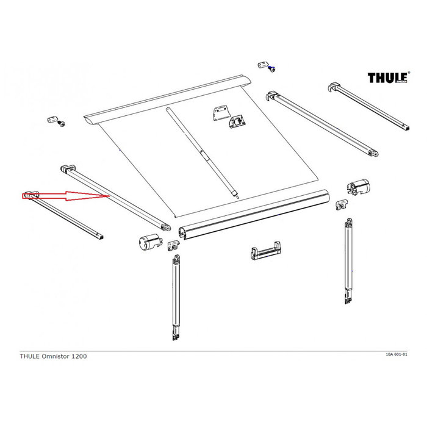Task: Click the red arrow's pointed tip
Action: pyautogui.click(x=109, y=196)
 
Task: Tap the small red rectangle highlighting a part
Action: pyautogui.click(x=30, y=195)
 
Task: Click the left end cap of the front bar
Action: pyautogui.click(x=147, y=242)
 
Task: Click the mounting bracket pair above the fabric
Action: pyautogui.click(x=229, y=117)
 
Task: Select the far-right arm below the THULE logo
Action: pyautogui.click(x=368, y=110)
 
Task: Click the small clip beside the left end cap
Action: pyautogui.click(x=174, y=245)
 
